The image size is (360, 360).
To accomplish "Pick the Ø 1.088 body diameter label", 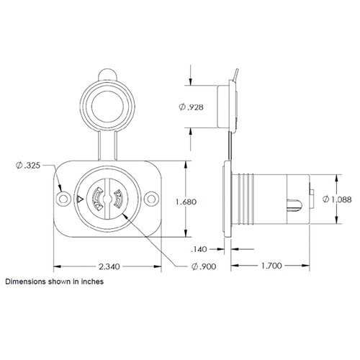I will pos(341,199).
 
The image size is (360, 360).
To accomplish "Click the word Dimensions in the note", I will pos(25,283).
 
